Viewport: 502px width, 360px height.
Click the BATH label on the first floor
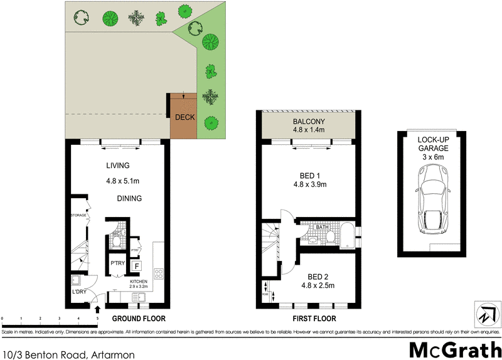click(322, 227)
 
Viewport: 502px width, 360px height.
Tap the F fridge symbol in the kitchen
click(136, 266)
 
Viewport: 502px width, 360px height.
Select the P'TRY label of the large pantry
click(118, 263)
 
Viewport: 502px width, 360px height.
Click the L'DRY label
click(79, 292)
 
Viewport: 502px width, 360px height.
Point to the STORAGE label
click(78, 215)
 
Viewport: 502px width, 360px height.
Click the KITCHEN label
click(139, 282)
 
